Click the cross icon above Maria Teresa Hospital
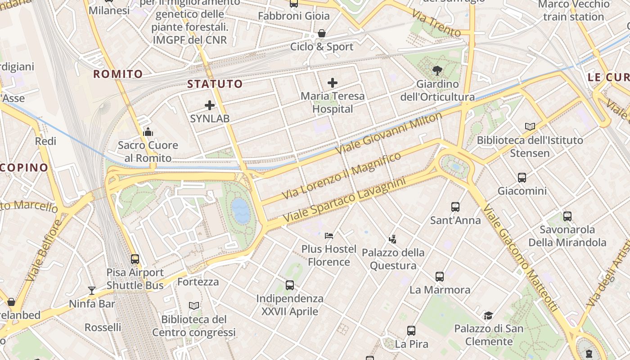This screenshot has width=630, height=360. (333, 83)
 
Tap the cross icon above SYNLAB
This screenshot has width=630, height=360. (210, 105)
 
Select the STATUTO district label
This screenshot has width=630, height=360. (215, 84)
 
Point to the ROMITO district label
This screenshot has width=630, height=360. (118, 74)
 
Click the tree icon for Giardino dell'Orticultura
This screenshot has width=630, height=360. (437, 71)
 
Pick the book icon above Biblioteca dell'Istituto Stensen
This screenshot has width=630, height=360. (531, 127)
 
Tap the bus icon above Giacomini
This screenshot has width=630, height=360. (522, 177)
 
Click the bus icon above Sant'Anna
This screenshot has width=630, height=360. (455, 207)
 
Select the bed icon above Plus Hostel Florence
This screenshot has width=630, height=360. (329, 235)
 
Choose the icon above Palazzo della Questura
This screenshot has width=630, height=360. (393, 239)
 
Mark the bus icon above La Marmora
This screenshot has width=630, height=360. (440, 276)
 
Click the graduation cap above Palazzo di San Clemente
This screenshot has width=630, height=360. (489, 315)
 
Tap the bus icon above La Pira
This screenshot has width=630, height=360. (411, 331)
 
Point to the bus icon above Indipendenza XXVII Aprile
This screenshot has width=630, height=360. (290, 285)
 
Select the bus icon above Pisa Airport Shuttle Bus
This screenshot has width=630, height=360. (135, 259)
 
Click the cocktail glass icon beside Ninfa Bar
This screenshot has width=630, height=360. (92, 290)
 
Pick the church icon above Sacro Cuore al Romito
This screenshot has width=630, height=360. (148, 132)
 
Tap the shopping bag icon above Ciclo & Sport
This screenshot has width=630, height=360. (322, 33)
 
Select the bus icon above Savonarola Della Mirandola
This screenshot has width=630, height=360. (567, 216)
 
